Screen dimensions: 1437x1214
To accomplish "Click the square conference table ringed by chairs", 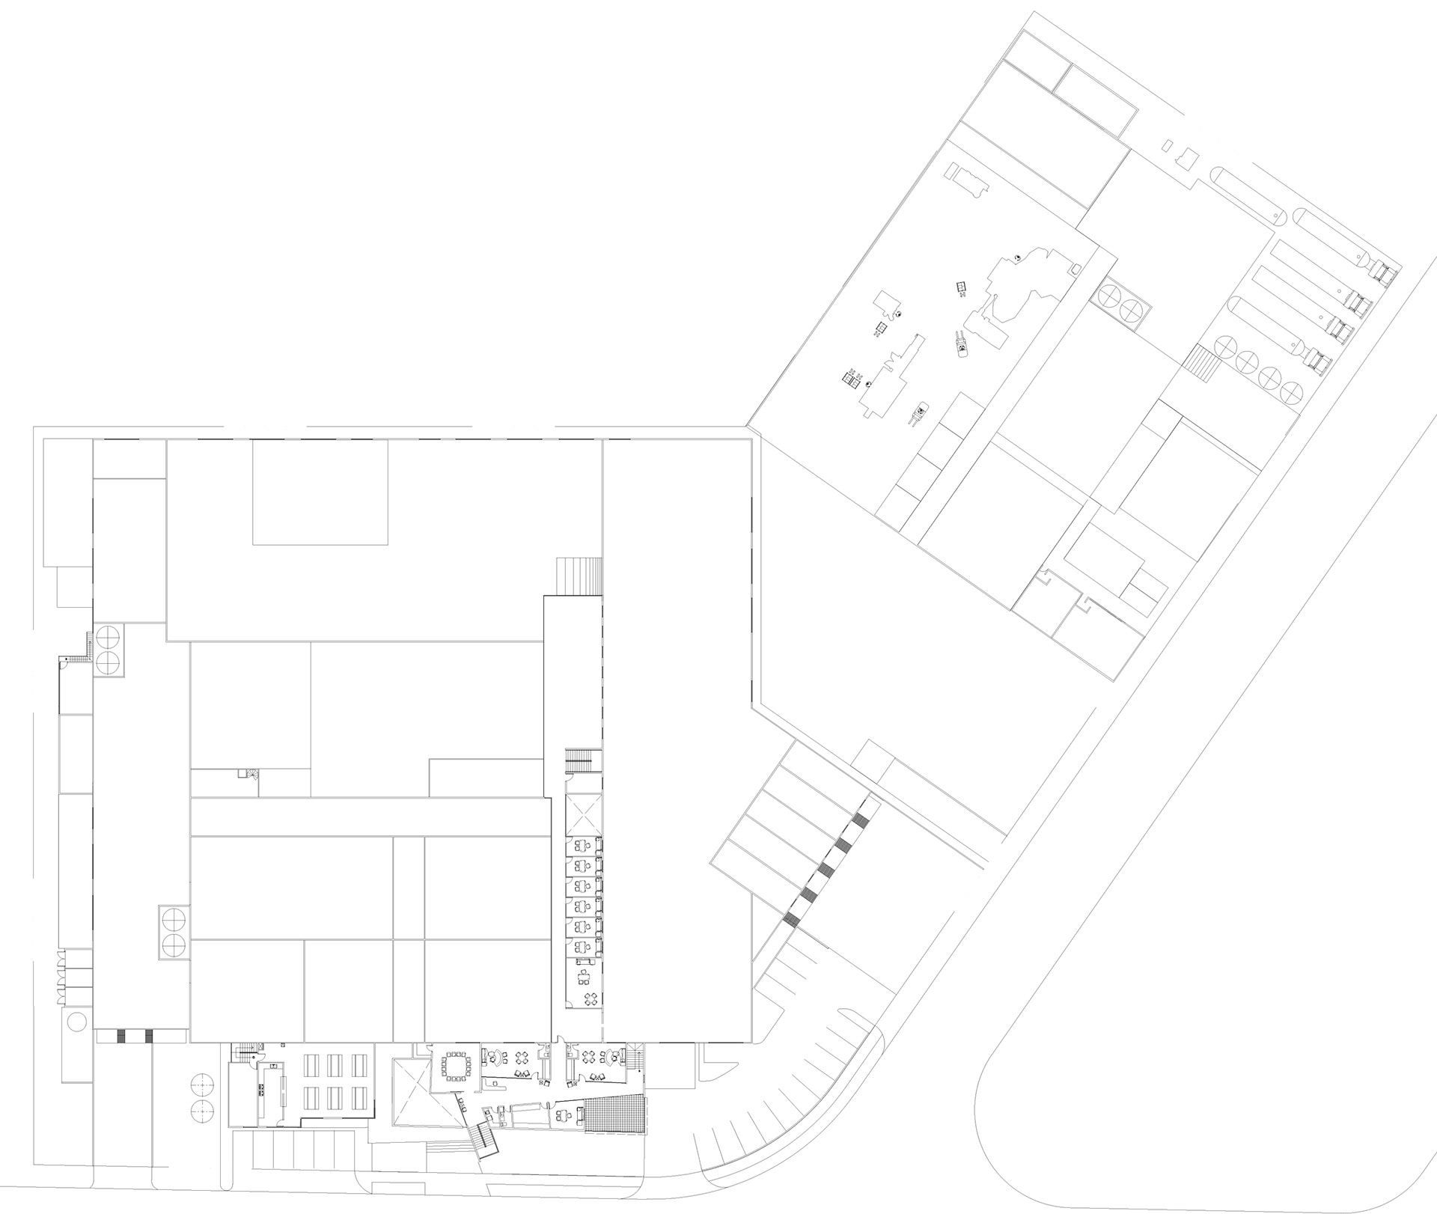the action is point(455,1066).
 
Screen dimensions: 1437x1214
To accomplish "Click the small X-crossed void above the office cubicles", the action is point(584,814).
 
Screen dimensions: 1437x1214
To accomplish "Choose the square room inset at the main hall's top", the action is point(320,492).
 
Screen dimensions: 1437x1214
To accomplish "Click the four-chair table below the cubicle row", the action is point(591,998).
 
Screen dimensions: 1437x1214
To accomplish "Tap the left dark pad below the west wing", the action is point(122,1037).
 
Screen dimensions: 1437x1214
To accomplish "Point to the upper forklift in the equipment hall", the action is point(960,346).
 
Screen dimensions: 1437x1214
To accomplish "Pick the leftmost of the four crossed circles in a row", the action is point(1225,347).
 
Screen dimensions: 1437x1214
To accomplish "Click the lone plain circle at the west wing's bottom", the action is point(76,1021).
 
